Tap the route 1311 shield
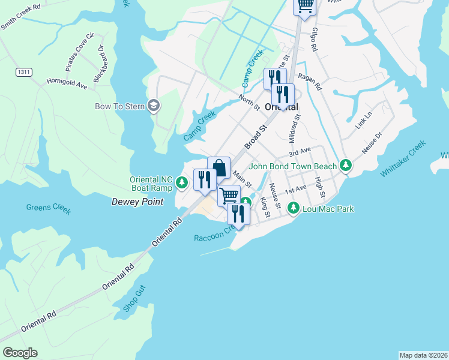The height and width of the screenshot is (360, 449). pyautogui.click(x=23, y=72)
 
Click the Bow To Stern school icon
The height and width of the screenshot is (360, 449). pyautogui.click(x=153, y=106)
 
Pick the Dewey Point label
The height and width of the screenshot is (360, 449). pyautogui.click(x=137, y=202)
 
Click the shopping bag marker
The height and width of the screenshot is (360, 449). pyautogui.click(x=219, y=167)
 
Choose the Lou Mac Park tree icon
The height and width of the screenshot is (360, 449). pyautogui.click(x=294, y=209)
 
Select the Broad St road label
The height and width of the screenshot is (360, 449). pyautogui.click(x=255, y=139)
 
